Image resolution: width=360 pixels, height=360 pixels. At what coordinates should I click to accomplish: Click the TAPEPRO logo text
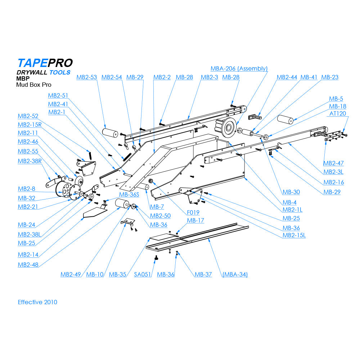tap(45, 63)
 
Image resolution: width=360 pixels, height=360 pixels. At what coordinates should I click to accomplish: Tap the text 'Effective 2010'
tap(37, 302)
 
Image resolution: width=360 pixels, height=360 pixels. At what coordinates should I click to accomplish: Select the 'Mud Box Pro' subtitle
tap(33, 85)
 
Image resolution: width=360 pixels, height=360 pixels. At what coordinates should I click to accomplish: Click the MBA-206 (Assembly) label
tap(239, 68)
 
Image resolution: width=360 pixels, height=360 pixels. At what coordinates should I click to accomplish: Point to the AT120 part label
tap(338, 113)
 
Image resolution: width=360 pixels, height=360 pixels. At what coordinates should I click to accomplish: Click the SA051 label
tap(143, 275)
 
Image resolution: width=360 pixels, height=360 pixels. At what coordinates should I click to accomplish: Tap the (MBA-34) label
tap(235, 275)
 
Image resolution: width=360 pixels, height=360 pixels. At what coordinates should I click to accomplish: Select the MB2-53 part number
tap(87, 77)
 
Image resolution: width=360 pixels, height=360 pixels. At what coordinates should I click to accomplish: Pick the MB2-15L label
tap(294, 235)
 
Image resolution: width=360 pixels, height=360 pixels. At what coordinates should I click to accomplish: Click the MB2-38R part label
tap(30, 161)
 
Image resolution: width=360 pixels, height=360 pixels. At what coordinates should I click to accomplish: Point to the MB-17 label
tap(195, 220)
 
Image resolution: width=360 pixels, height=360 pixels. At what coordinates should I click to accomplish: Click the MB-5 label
tap(336, 99)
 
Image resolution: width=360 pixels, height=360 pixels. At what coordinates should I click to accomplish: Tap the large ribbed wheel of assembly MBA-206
tap(228, 129)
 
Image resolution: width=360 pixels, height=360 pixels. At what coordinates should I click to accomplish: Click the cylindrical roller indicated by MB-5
tap(285, 120)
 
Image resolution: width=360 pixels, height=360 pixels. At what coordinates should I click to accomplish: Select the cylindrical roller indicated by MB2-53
tap(110, 132)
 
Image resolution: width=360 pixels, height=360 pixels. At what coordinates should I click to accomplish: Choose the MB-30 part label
tap(291, 192)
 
